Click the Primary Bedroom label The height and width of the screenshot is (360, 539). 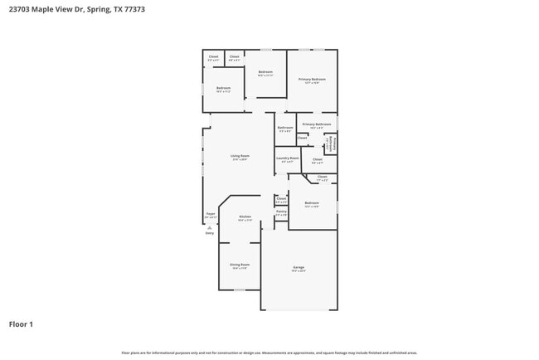pos(312,79)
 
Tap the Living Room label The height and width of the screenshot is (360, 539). pos(240,156)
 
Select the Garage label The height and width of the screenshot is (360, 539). pos(299,267)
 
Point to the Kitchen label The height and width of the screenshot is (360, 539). pos(245,216)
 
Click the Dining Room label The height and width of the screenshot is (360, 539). pos(240,265)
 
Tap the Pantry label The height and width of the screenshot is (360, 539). pos(281,212)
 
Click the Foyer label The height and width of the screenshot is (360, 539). pos(211,214)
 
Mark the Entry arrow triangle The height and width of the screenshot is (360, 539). pos(209,227)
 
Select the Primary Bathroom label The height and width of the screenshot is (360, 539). pos(317,124)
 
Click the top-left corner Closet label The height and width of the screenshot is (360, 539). pos(213,56)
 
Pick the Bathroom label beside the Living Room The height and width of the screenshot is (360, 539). pos(285,128)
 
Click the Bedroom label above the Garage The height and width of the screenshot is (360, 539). pos(312,203)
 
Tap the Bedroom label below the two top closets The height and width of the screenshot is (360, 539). pos(224,88)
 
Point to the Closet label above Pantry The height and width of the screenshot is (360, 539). pos(281,199)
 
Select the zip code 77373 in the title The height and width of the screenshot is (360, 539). pos(134,8)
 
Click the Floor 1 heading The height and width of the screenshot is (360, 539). pos(21,324)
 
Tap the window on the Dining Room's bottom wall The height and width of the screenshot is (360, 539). pos(239,289)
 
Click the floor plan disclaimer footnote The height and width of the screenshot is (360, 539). pos(269,353)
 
